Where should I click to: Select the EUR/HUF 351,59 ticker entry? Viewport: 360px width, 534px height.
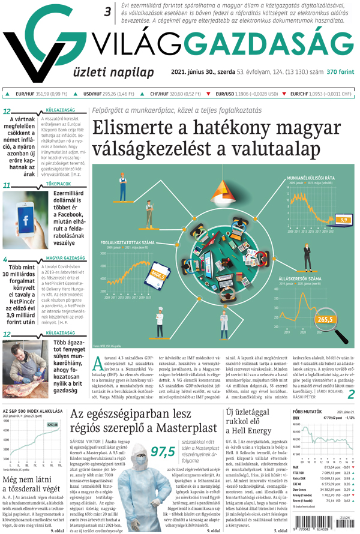38,94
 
